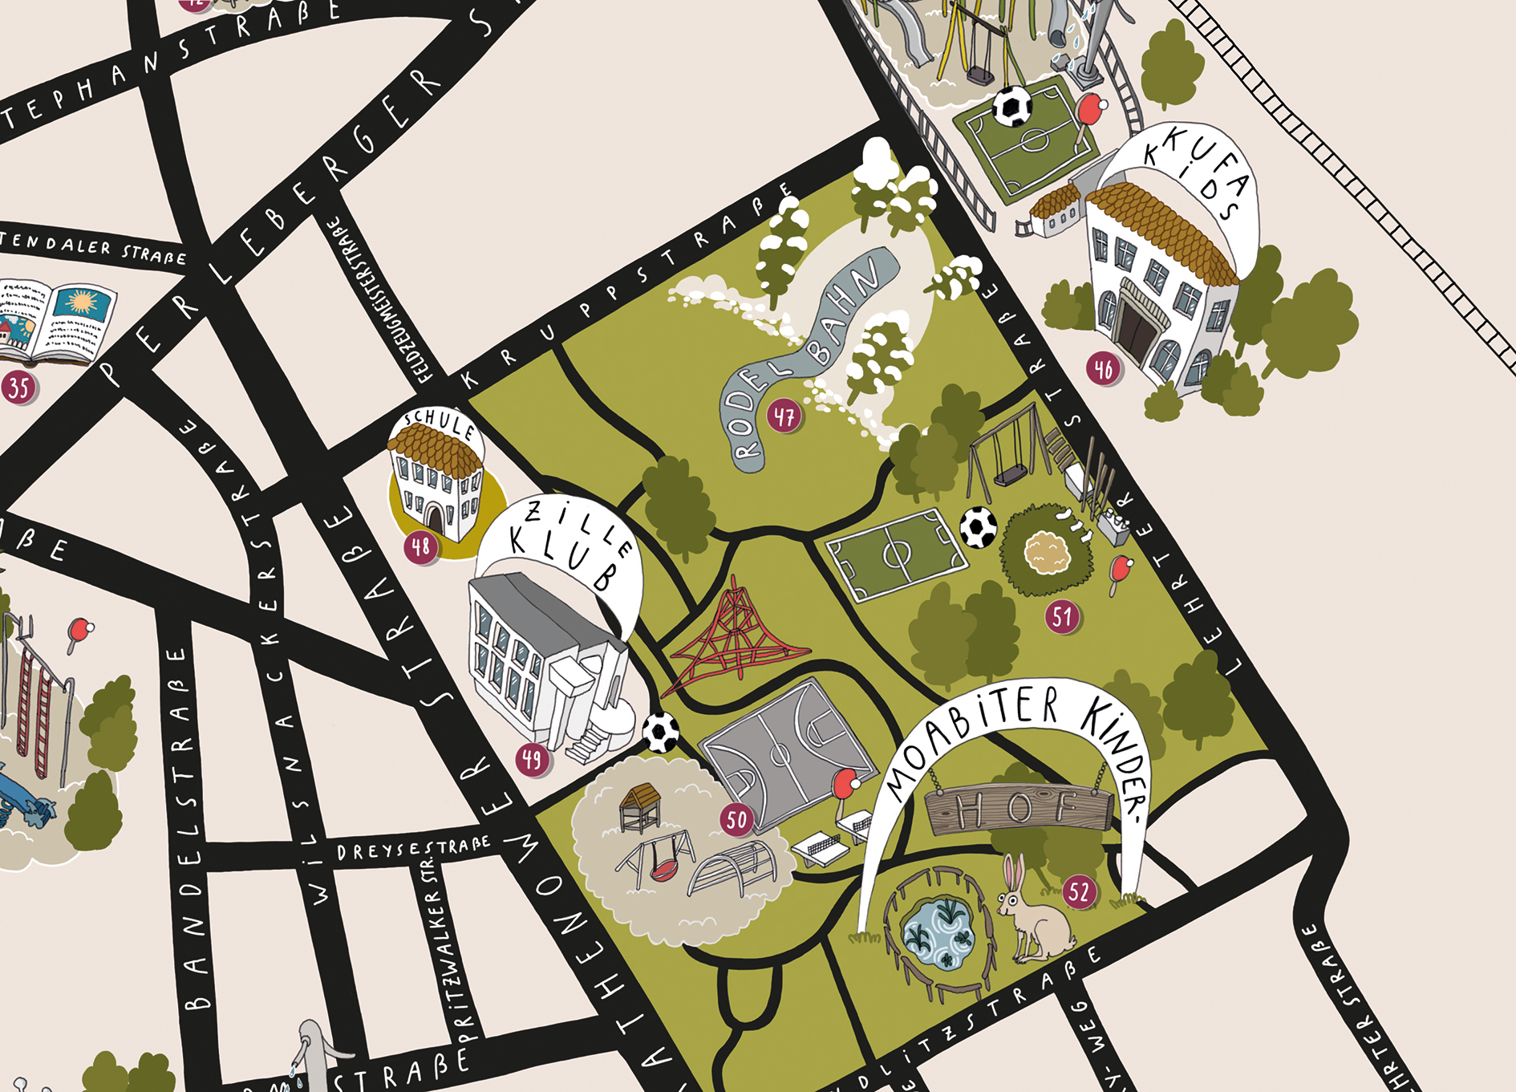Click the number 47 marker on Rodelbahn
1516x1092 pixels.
[x=784, y=416]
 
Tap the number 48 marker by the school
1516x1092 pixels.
[x=421, y=547]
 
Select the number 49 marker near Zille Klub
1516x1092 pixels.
[x=533, y=758]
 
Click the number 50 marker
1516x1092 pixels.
[x=736, y=819]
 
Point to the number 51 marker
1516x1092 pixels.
[x=1062, y=616]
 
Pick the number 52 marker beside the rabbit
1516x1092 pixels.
[x=1080, y=891]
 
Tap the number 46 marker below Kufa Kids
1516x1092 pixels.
[x=1104, y=369]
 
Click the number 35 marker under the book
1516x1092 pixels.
[x=18, y=388]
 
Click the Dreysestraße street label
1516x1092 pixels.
[x=412, y=848]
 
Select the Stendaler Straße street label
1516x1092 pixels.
[x=92, y=248]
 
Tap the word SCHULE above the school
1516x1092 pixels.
[x=440, y=421]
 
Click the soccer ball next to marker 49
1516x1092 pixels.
[x=661, y=732]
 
